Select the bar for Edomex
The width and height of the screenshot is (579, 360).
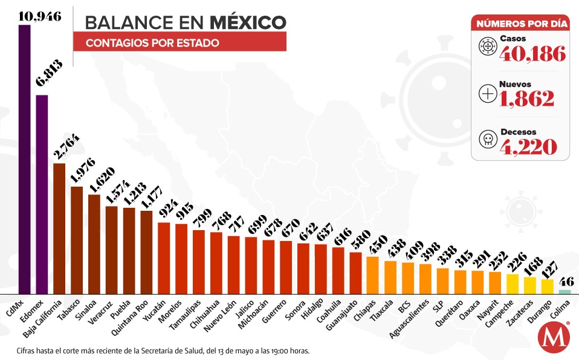42,193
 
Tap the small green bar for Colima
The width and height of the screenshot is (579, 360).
564,292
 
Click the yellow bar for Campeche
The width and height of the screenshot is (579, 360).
512,283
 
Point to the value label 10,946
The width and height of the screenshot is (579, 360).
40,16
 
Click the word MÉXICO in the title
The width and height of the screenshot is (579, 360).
248,22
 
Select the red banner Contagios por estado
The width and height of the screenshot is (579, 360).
180,43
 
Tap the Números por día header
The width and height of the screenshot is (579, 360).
520,24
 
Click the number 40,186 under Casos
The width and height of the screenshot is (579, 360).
532,54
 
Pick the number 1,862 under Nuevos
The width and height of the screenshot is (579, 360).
526,98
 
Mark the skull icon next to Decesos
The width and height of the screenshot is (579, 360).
486,139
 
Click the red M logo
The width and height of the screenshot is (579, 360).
552,338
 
